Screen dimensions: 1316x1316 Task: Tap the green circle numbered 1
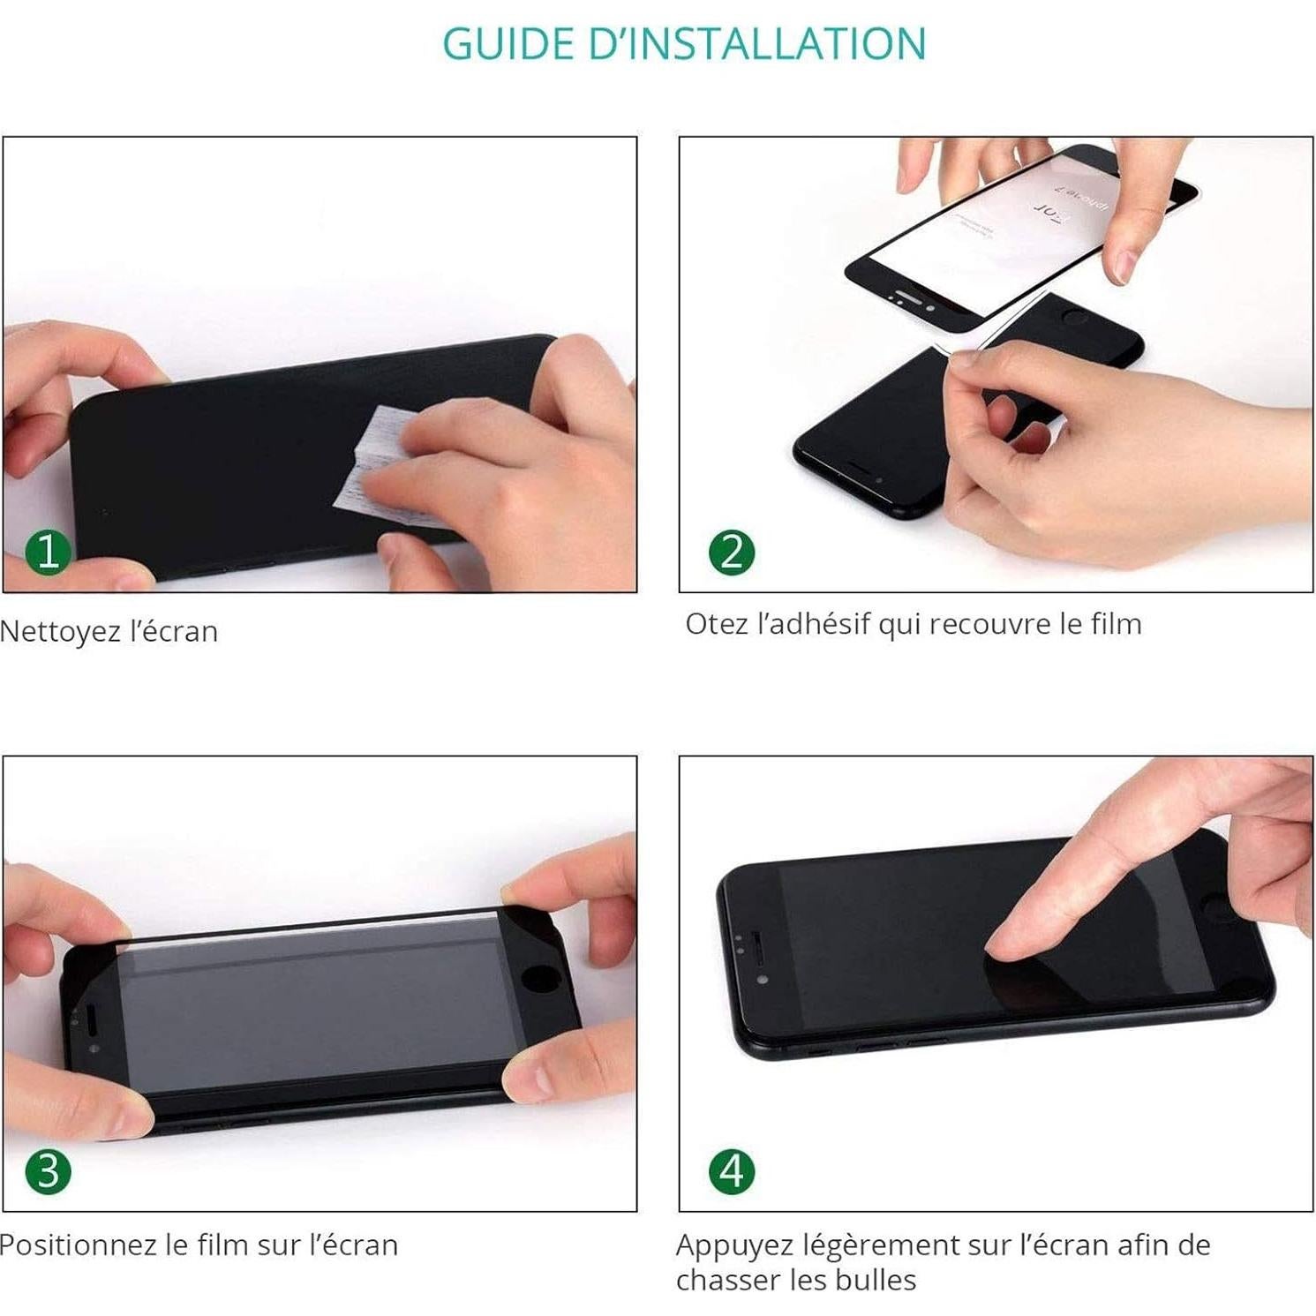coord(48,552)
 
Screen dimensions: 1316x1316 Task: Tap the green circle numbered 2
coord(732,552)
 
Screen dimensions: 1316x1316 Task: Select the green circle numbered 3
coord(48,1171)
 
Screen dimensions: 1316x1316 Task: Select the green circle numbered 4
coord(732,1171)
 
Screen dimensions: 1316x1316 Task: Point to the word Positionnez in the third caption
coord(78,1245)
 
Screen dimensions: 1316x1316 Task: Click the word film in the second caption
coord(1116,624)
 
